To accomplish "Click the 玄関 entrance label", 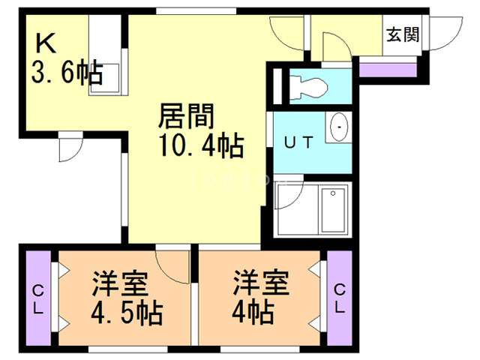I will click(x=403, y=35).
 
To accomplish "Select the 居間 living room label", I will click(x=187, y=116).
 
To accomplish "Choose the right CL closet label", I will click(x=340, y=298).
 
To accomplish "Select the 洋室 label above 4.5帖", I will click(x=120, y=283).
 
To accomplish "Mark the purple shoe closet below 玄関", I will click(x=388, y=70).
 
